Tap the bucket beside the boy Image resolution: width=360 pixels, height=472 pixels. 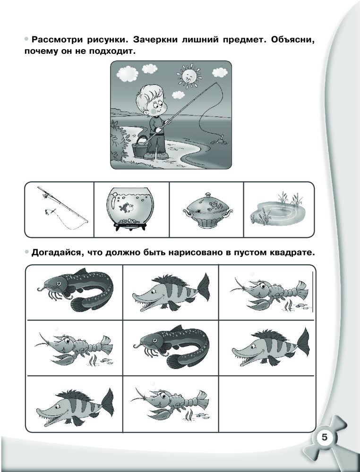pos(139,147)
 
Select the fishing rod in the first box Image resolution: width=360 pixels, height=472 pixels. pos(63,208)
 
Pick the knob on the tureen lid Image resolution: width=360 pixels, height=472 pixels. pos(208,195)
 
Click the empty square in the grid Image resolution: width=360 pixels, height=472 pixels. pos(266,404)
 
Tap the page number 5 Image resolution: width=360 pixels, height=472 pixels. pos(324,437)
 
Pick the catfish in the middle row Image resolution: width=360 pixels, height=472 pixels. pos(171,346)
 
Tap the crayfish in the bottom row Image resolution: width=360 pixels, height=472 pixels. pos(170,404)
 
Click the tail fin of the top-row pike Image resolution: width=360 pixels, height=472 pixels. pos(203,287)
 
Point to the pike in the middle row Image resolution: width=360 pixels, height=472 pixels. pos(271,347)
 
